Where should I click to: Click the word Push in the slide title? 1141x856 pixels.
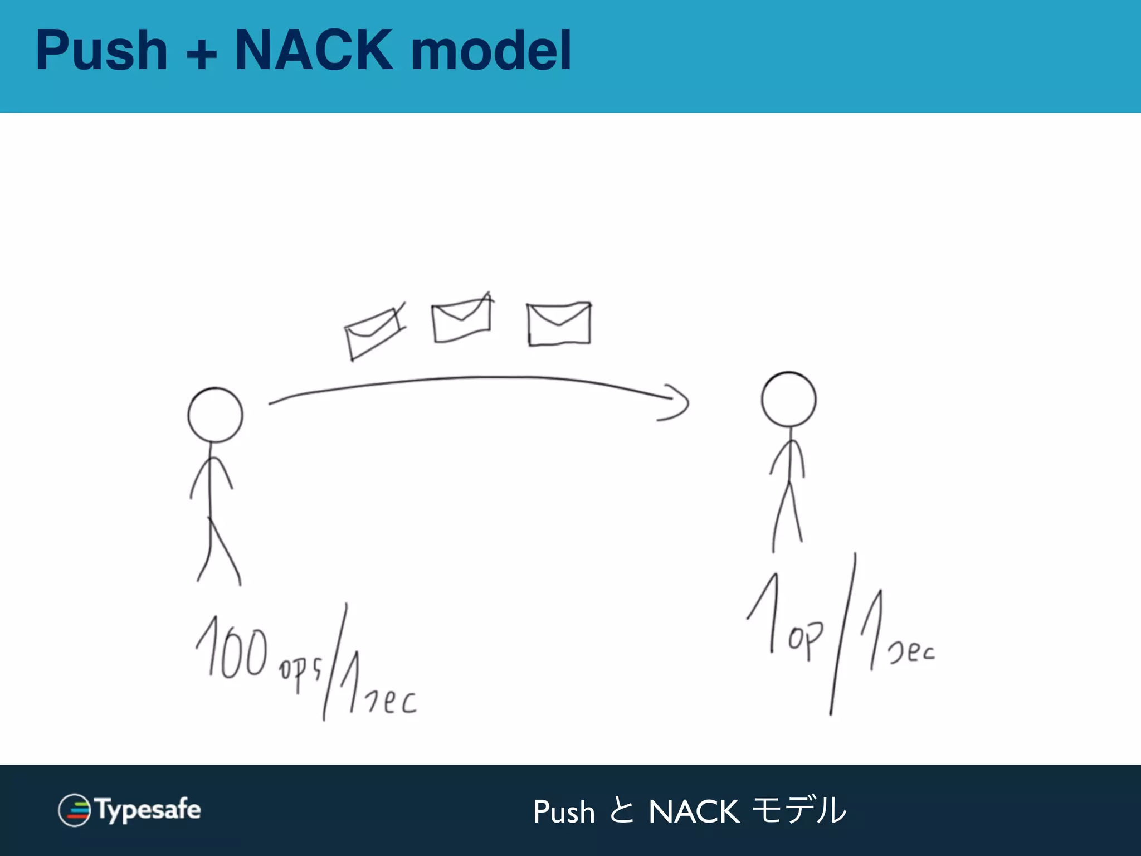(x=101, y=51)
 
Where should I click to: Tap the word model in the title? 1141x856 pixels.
(x=491, y=51)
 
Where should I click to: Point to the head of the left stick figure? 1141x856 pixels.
(x=215, y=415)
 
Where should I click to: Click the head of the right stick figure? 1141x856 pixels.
(x=788, y=400)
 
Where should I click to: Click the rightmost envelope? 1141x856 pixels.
(x=559, y=324)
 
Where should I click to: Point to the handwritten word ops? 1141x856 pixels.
(x=300, y=672)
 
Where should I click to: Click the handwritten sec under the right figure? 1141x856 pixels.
(x=911, y=652)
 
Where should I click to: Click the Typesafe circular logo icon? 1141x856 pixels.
(x=74, y=810)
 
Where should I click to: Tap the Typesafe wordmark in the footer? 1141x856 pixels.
(x=148, y=810)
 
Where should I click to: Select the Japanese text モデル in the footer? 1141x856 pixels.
(x=799, y=810)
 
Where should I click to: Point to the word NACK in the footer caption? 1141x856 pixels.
(x=694, y=811)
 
